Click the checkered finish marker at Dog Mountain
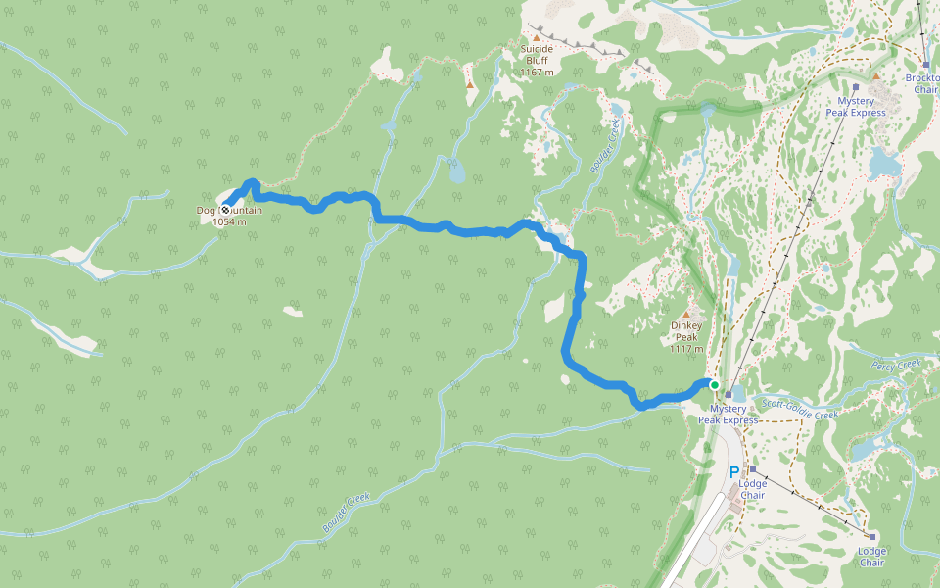pos(226,209)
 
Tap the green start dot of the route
pos(714,384)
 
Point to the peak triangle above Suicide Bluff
pos(537,38)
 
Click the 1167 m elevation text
pos(537,72)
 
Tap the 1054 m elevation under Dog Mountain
pos(229,221)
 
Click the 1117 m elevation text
pos(686,349)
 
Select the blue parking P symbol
pos(734,471)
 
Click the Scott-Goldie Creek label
pos(800,409)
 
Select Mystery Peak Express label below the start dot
pos(728,414)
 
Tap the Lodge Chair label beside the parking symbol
pos(752,489)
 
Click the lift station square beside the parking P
pos(752,470)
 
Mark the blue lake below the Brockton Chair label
pos(884,162)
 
